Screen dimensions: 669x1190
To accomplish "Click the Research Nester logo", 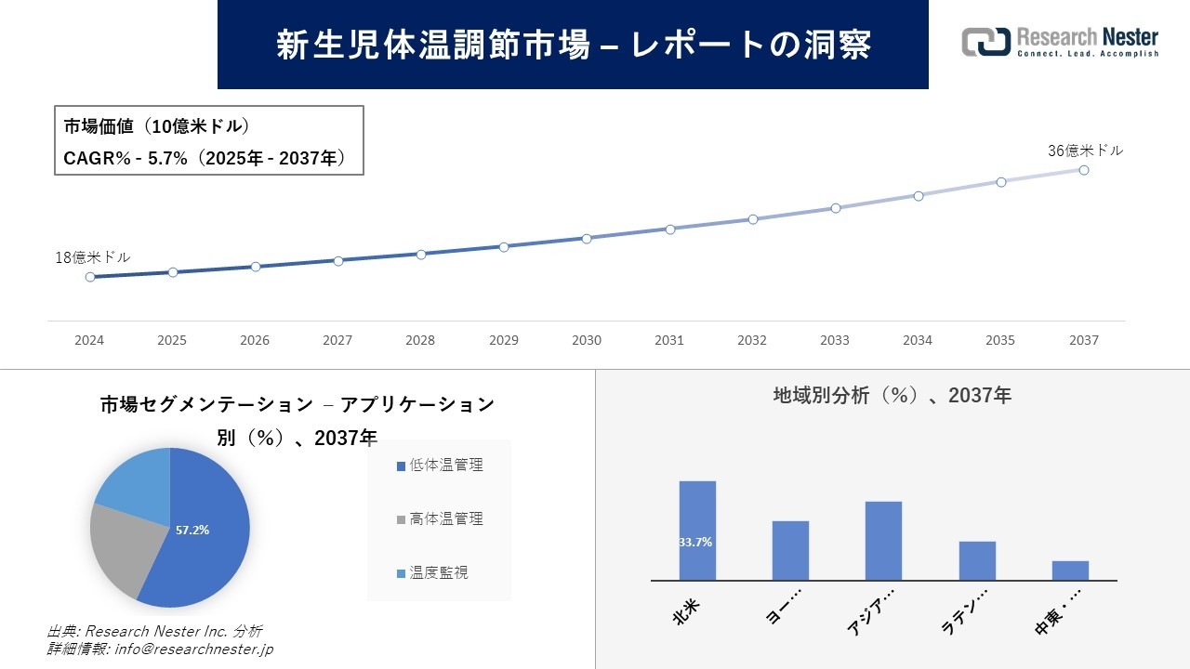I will coord(1060,42).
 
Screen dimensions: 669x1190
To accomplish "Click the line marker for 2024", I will coord(90,277).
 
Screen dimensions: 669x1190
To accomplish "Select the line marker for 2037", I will coord(1084,170).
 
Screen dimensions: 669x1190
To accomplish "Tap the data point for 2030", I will coord(587,239).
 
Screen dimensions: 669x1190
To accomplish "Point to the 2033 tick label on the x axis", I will coord(834,340).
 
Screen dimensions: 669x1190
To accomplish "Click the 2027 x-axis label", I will coord(337,340).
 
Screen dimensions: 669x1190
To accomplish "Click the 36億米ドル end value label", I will coord(1085,151).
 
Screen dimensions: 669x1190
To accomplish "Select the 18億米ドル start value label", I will coord(93,257).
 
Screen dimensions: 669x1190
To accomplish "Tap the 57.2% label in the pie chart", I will coord(192,531).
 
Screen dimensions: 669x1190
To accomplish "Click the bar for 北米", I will coord(697,530).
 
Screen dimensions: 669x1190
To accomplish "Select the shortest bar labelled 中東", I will coord(1070,571).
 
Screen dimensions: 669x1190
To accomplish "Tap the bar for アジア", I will coord(883,541).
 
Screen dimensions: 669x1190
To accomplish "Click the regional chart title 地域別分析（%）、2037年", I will coord(892,396).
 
